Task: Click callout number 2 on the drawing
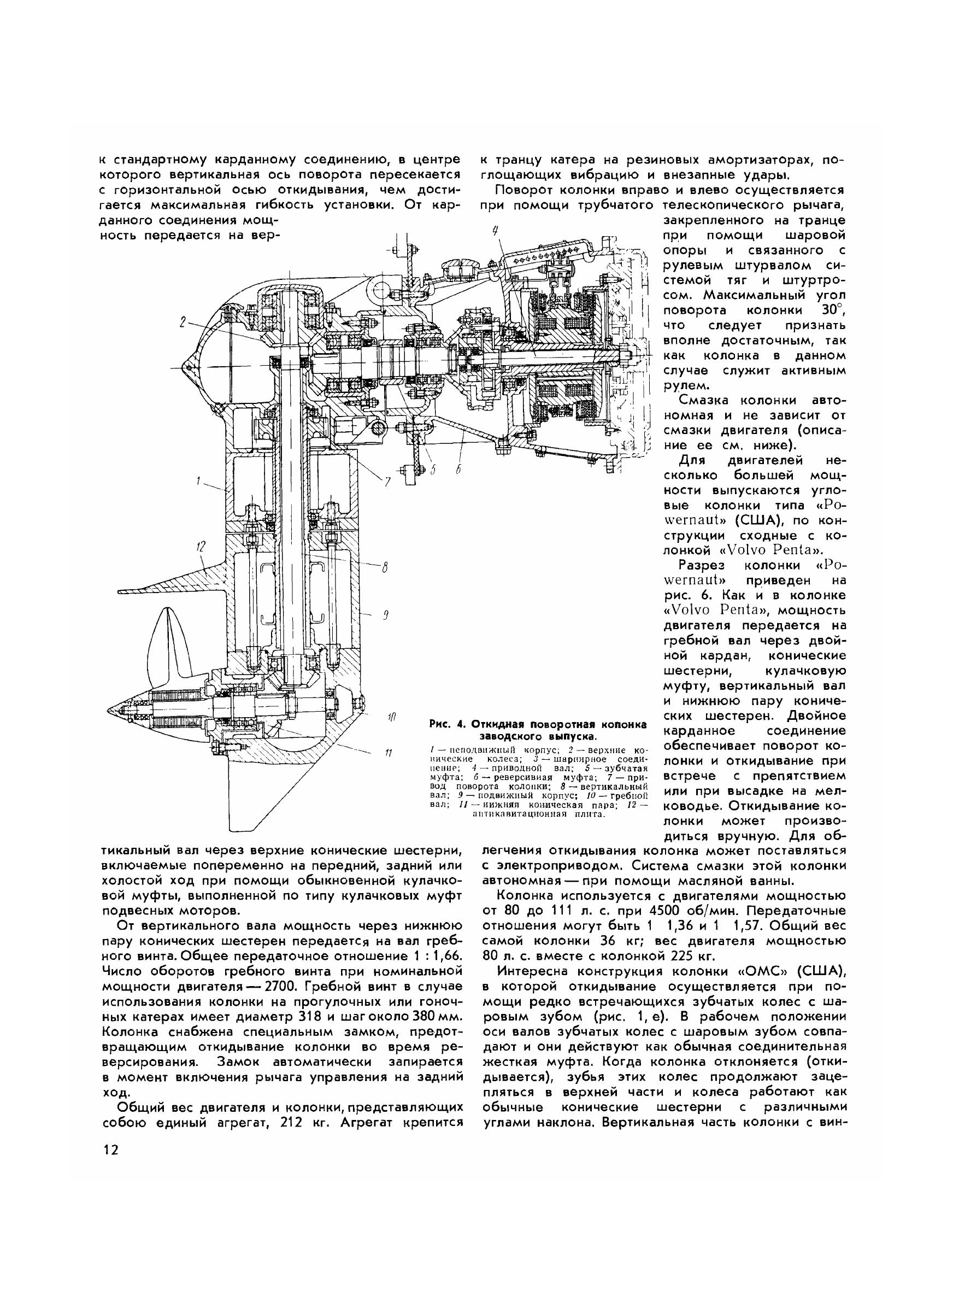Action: point(183,323)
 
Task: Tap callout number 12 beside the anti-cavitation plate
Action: point(200,545)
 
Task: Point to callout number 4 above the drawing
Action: point(495,231)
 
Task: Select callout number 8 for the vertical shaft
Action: point(384,567)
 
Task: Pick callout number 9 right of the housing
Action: point(384,617)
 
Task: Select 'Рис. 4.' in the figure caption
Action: point(446,725)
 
